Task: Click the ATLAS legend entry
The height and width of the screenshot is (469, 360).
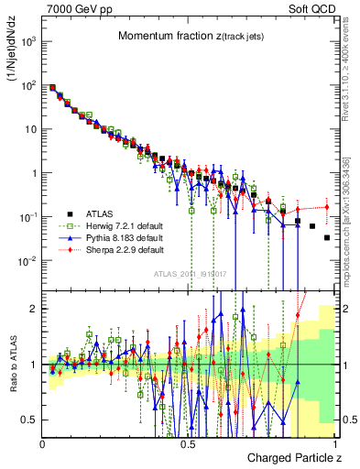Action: [101, 213]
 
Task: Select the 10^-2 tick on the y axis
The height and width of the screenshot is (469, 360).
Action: [30, 261]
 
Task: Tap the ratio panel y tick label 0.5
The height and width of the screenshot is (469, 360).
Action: [29, 420]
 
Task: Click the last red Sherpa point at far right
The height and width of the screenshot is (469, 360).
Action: [326, 206]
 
